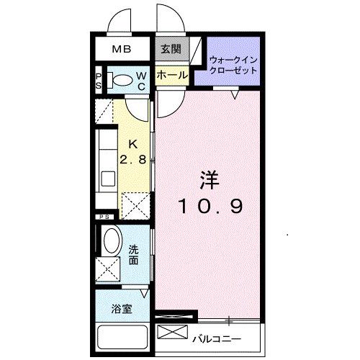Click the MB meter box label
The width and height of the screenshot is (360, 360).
pos(121,50)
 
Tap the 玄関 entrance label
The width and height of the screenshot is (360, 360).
pos(171,50)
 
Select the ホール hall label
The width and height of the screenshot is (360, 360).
pos(171,75)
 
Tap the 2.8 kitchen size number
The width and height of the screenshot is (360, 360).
pos(134,160)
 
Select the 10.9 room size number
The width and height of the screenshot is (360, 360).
pos(210,206)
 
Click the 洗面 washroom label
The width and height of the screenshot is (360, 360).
pos(134,255)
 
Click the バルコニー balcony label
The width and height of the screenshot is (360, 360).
pos(217,338)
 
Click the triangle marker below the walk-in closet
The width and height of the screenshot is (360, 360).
pos(235,92)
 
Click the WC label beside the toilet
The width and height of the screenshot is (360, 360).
pos(143,81)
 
